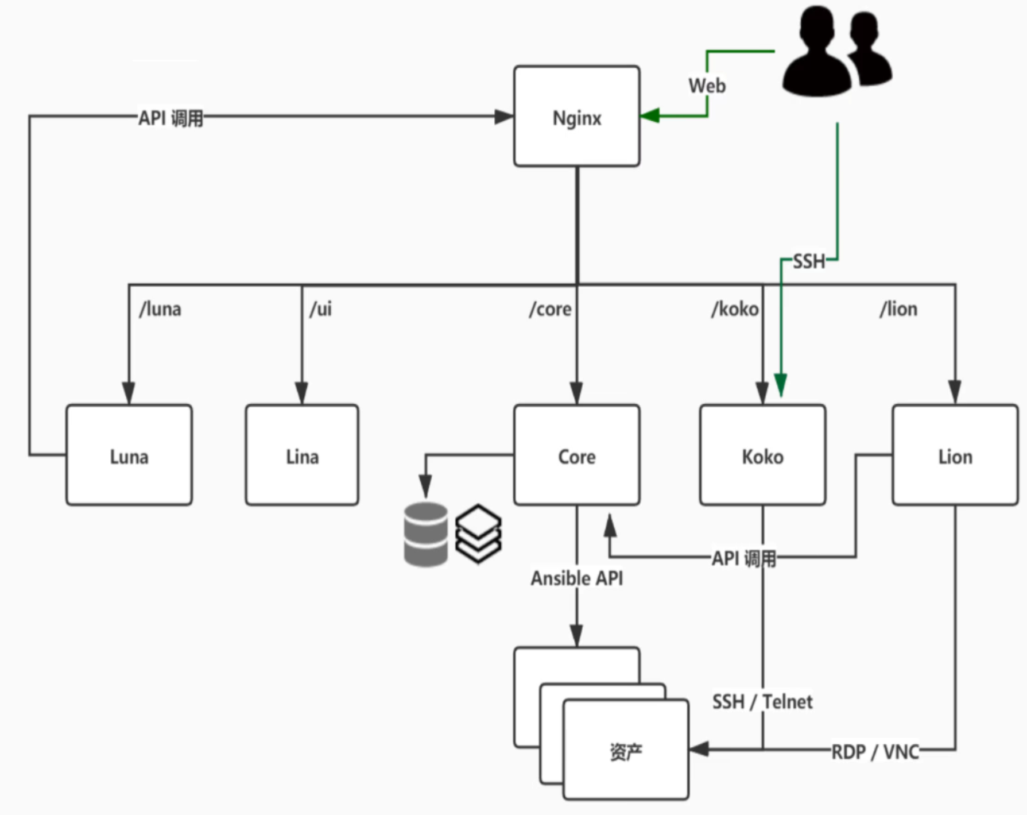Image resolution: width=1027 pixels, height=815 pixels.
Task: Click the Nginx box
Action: click(x=576, y=117)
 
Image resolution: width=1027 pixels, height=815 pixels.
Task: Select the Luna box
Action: click(x=129, y=455)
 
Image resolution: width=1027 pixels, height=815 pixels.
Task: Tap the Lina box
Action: click(x=302, y=455)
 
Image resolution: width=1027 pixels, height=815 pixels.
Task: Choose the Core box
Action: click(x=576, y=455)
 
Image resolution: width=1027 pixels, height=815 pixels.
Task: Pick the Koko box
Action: click(x=762, y=455)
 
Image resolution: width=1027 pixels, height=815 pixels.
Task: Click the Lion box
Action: click(x=955, y=455)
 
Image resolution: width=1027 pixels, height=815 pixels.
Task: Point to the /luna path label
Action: click(x=160, y=309)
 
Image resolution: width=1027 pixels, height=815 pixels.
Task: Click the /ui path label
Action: click(x=321, y=309)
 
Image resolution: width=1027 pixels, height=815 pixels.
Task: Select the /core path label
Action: click(x=550, y=309)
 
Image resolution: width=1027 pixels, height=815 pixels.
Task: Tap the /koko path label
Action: click(x=735, y=309)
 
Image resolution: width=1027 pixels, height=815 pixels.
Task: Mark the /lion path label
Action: click(x=898, y=309)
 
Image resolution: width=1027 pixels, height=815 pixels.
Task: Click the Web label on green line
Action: click(x=707, y=86)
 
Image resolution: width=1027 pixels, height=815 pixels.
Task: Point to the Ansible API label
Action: click(x=576, y=578)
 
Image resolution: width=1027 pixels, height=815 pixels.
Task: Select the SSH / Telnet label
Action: click(x=762, y=701)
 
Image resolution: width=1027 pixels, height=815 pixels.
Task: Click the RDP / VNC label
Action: click(x=875, y=751)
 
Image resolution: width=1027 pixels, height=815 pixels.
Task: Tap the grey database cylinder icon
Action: click(x=425, y=534)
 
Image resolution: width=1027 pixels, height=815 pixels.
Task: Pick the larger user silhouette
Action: click(x=816, y=52)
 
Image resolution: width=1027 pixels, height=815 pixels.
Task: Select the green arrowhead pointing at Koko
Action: click(x=780, y=384)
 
